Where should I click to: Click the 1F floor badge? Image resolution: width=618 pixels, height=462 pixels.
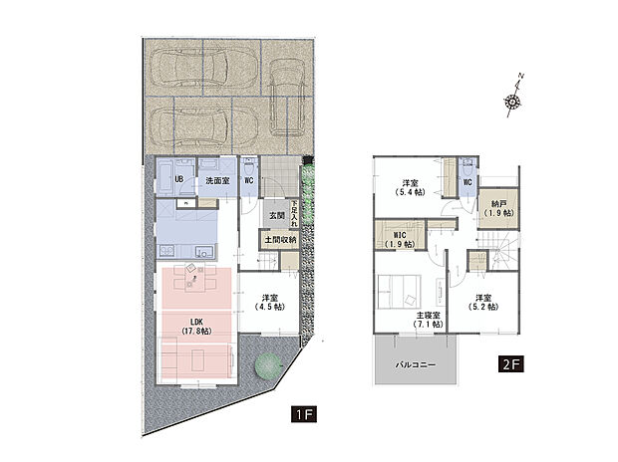click(x=304, y=414)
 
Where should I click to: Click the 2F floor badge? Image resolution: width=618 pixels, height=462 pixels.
click(x=511, y=364)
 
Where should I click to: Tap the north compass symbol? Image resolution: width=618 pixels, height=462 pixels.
click(x=513, y=95)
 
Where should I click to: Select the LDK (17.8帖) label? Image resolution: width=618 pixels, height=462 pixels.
click(x=196, y=327)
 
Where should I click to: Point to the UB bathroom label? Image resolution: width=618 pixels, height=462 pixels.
click(x=179, y=179)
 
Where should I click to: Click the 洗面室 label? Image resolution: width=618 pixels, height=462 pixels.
click(x=217, y=181)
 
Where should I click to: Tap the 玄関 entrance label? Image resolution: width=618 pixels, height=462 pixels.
click(x=277, y=216)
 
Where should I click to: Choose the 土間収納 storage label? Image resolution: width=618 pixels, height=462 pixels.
click(x=280, y=240)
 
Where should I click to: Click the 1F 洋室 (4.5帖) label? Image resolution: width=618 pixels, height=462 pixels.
click(x=270, y=302)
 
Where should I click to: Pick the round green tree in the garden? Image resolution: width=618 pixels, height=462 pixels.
click(x=268, y=365)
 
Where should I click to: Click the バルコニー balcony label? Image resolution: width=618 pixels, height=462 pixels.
click(x=416, y=365)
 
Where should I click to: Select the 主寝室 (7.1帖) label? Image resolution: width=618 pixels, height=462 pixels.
click(x=429, y=320)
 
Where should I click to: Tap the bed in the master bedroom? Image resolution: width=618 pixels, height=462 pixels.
click(x=399, y=292)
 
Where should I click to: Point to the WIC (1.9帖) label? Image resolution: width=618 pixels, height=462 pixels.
click(x=400, y=240)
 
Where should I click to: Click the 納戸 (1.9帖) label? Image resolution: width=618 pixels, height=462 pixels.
click(x=498, y=208)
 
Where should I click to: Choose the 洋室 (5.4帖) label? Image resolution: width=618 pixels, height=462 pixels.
click(x=410, y=187)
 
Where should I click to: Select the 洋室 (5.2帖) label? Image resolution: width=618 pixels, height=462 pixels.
click(x=483, y=302)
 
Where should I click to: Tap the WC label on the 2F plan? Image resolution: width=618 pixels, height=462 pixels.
click(x=467, y=183)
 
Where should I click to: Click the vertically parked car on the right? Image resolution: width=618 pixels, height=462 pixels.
click(x=286, y=97)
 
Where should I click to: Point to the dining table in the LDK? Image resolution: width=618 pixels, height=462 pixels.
click(x=194, y=278)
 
